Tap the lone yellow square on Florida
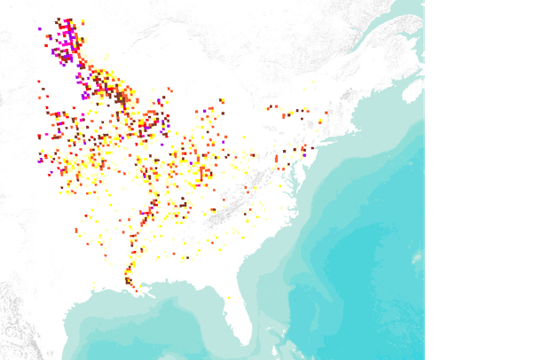229,297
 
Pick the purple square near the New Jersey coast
304,154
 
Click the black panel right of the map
484,177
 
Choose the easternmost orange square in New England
327,113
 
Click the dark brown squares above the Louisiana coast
130,282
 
